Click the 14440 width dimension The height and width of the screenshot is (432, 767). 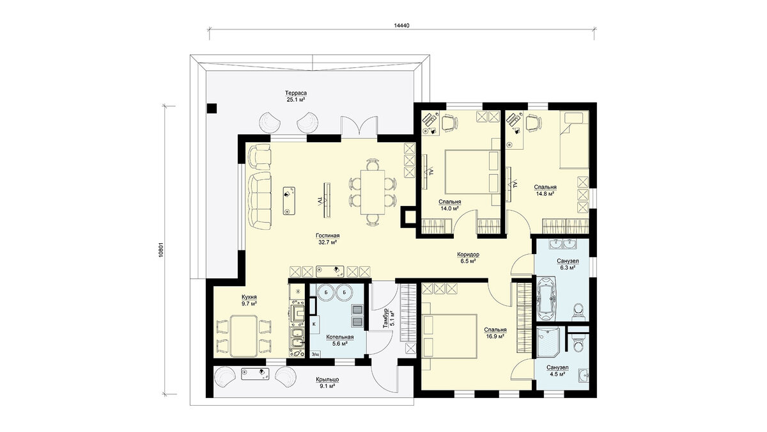(x=401, y=26)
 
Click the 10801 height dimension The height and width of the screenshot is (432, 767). (x=162, y=251)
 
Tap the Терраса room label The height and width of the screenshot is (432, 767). (x=296, y=93)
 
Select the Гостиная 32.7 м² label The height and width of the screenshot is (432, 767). (x=328, y=239)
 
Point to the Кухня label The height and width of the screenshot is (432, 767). (x=249, y=297)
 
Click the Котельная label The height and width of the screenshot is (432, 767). (x=339, y=337)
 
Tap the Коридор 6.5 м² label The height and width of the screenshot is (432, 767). (x=468, y=258)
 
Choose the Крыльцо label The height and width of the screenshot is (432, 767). (x=327, y=380)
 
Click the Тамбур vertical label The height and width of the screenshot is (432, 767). (x=386, y=319)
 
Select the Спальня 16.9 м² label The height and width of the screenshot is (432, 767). (x=495, y=333)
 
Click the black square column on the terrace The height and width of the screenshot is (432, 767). (x=212, y=108)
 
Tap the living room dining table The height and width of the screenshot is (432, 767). (x=373, y=193)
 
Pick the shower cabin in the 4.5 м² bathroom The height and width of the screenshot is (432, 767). (x=548, y=342)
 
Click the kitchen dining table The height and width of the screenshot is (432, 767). (x=244, y=337)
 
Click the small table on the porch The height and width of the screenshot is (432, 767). (x=255, y=374)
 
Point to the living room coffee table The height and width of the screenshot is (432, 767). (x=289, y=201)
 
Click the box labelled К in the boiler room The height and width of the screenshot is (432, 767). (x=314, y=324)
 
